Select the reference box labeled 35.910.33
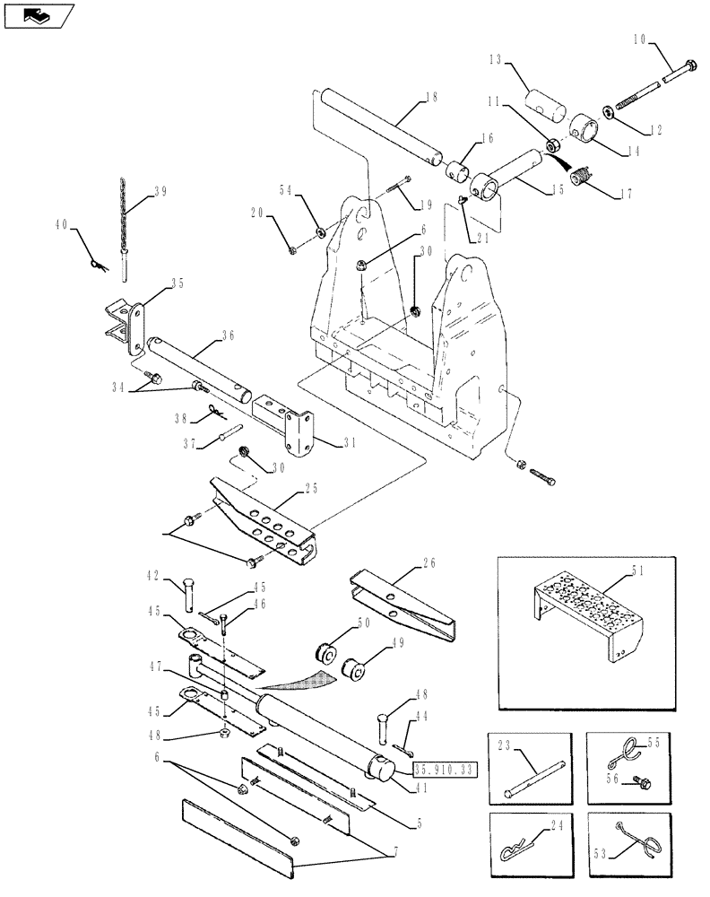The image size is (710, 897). coord(445,769)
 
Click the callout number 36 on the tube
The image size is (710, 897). coord(228,335)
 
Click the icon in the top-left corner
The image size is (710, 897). coord(38,15)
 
